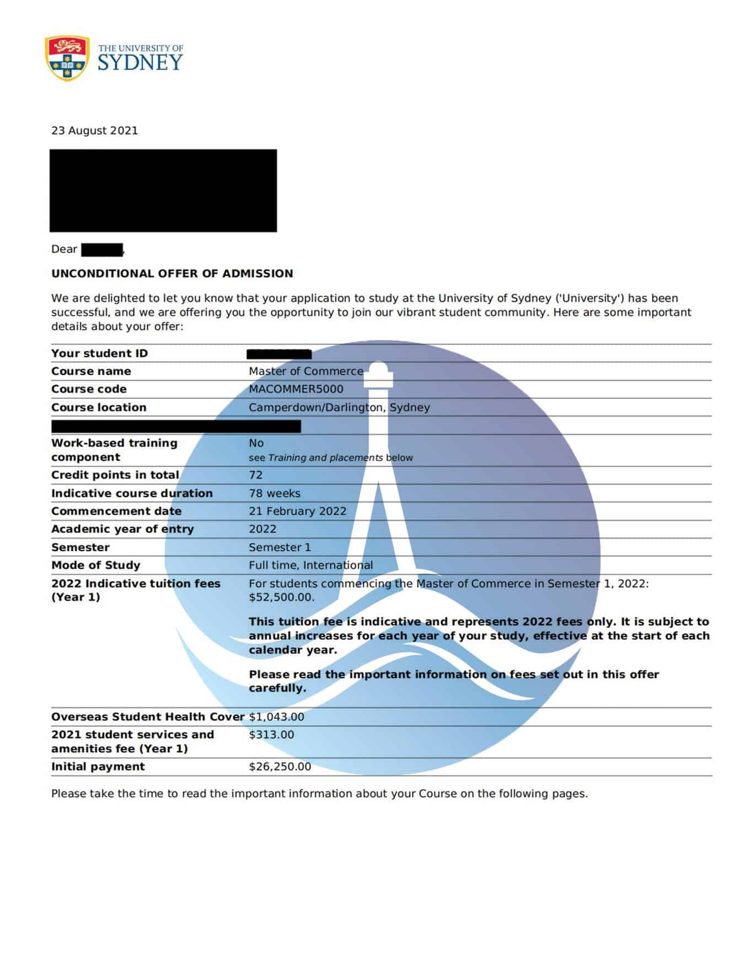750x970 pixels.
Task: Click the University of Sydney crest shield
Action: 67,58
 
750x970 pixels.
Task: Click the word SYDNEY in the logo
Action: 140,63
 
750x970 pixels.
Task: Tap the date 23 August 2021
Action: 94,131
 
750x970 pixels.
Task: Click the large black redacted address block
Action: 163,190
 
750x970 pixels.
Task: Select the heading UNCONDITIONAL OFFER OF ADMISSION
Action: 172,273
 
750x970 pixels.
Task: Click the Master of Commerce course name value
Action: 306,371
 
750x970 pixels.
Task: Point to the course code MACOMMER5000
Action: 296,389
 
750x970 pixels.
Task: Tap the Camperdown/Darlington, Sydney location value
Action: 339,407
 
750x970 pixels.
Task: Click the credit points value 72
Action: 255,475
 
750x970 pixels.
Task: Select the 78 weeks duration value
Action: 275,493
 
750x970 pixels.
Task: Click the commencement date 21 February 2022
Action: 297,511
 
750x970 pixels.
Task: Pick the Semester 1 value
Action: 280,547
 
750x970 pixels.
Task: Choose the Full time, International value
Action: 310,565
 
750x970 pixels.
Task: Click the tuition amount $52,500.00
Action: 281,597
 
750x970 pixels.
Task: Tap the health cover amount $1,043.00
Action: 276,716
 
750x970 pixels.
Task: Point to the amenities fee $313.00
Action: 271,735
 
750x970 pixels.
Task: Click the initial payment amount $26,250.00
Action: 280,767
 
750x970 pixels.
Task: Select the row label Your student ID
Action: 99,353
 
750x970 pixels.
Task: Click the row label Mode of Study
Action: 95,565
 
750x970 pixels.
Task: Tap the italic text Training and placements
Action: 325,458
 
